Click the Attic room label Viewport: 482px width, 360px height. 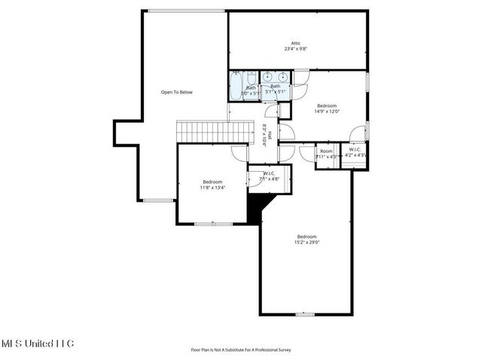point(296,43)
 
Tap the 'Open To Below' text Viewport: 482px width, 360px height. point(177,92)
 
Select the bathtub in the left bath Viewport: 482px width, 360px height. point(236,87)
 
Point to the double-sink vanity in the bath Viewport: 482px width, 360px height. point(275,77)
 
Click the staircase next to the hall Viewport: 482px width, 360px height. point(202,131)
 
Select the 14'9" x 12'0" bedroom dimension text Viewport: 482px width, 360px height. point(327,111)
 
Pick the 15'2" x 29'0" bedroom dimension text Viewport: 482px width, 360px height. point(307,242)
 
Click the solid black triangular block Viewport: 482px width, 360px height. point(258,206)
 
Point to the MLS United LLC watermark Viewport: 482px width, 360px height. point(38,343)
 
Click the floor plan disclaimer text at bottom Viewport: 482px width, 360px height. point(241,349)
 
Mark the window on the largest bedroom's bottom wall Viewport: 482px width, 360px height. point(305,314)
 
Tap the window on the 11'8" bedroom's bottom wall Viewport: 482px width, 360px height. point(203,224)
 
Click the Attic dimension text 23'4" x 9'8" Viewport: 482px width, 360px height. point(296,49)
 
